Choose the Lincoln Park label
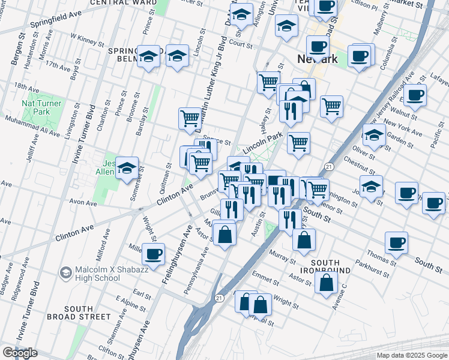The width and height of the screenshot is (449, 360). coord(262,140)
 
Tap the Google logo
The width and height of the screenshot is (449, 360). coord(19,353)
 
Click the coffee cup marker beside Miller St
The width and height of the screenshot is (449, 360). coord(154,254)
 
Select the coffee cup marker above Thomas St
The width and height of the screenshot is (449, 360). coord(396,243)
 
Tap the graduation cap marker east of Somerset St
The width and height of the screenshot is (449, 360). coord(127,169)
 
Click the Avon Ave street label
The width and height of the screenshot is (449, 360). coord(83,203)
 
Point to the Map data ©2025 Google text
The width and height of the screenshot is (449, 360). coord(411,355)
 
